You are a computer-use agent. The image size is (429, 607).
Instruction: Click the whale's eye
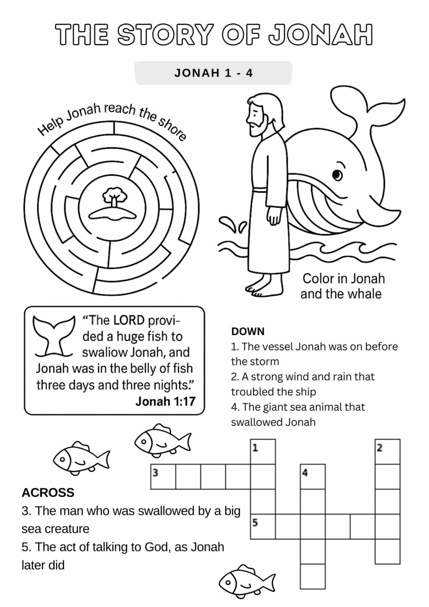[336, 174]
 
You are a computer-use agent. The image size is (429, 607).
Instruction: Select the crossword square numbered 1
[263, 451]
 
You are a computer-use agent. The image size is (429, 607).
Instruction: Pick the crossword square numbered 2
[388, 451]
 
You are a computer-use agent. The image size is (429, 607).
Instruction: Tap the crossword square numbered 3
[163, 477]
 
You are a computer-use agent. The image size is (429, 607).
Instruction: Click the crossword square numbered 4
[313, 477]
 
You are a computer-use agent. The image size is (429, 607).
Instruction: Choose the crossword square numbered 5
[263, 527]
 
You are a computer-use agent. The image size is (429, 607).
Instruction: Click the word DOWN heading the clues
[248, 332]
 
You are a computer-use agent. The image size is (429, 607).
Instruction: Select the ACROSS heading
[48, 492]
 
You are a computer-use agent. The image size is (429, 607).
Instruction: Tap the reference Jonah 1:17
[165, 401]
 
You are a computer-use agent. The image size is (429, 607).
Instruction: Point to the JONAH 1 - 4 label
[213, 73]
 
